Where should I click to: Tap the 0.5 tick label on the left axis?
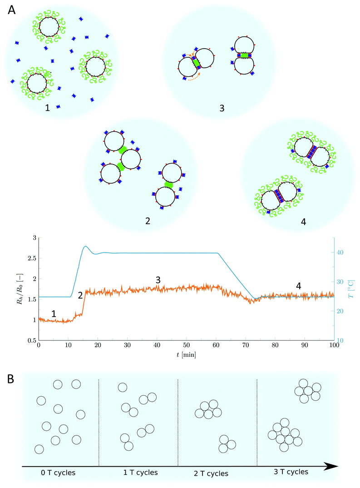click(30, 340)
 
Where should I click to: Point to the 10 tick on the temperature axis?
click(344, 340)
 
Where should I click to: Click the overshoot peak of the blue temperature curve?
click(85, 246)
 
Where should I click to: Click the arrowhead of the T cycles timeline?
click(334, 466)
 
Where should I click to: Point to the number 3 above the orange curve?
click(158, 280)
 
